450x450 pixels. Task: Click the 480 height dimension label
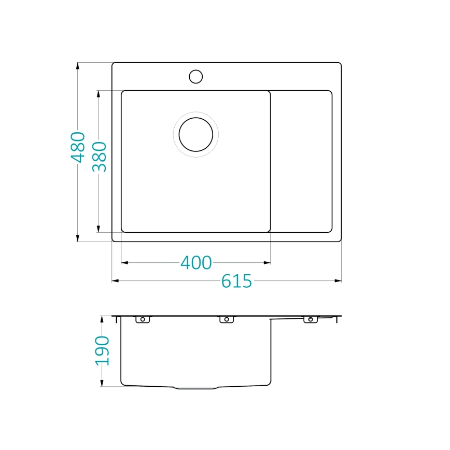(78, 147)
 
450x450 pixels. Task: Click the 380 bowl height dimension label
(99, 157)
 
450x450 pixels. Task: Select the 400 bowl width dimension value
(196, 263)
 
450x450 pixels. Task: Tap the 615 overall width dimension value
(236, 281)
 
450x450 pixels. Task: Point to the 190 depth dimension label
(103, 351)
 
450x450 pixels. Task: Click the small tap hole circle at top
(195, 77)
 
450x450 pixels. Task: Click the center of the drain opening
(195, 134)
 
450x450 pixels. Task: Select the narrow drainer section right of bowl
(301, 161)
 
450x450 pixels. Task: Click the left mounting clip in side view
(143, 319)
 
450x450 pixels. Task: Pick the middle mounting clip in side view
(227, 319)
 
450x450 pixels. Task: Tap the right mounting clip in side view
(311, 319)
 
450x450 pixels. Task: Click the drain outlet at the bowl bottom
(197, 388)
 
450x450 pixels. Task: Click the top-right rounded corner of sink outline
(340, 64)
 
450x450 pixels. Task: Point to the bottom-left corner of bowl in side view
(122, 384)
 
